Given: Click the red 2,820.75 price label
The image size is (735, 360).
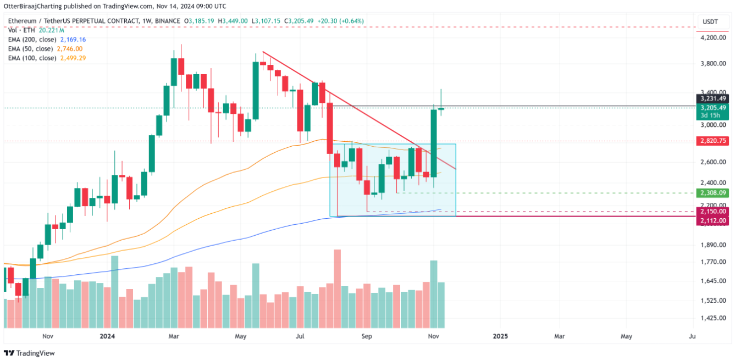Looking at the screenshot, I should point(713,141).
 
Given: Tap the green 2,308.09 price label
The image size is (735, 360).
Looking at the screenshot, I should point(713,193).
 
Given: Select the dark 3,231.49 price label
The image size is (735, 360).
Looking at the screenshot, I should point(713,98).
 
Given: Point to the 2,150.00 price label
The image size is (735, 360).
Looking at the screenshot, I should point(713,212).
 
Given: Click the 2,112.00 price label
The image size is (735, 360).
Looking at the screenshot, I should point(713,220).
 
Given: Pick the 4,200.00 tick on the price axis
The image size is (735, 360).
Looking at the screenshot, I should point(713,38).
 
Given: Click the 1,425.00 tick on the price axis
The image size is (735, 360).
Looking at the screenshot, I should point(713,318).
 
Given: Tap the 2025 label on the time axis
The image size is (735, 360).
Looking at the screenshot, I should point(500,336).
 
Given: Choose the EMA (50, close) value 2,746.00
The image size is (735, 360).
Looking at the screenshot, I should point(69,48).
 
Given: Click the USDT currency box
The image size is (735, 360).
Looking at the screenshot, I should point(710,21).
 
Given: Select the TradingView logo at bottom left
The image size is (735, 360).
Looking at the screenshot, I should point(30,353).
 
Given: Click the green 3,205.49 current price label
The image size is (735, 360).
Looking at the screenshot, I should point(713,108).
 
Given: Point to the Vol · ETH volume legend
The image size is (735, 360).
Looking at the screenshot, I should point(20,30).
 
